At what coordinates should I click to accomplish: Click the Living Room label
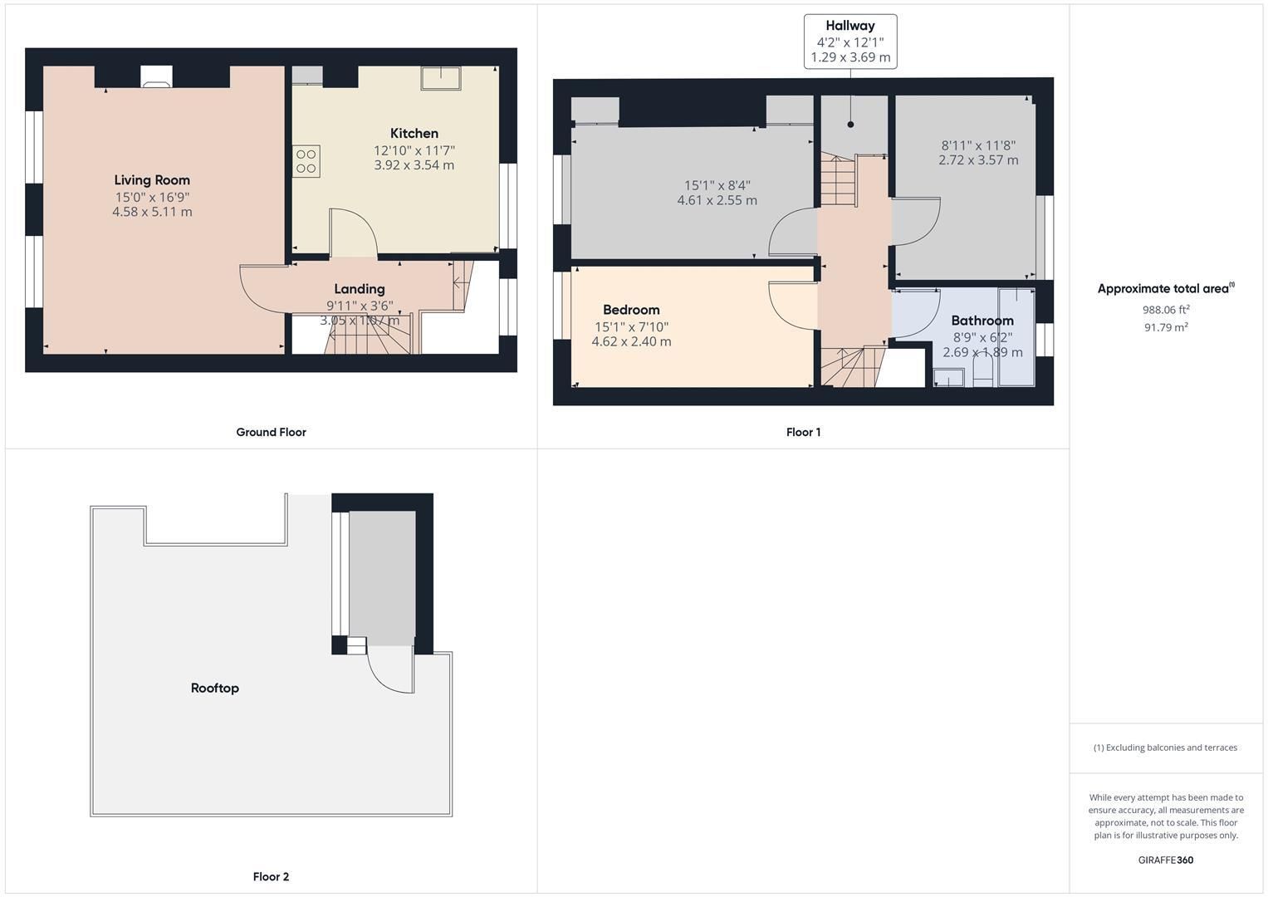click(152, 180)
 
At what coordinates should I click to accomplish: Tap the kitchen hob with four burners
click(306, 161)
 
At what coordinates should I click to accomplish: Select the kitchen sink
click(440, 78)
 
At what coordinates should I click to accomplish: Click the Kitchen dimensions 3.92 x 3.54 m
click(414, 165)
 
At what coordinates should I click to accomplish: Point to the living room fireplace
click(156, 76)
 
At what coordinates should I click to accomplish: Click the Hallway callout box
click(850, 42)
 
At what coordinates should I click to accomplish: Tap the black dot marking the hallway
click(850, 125)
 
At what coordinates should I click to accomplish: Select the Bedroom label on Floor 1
click(631, 310)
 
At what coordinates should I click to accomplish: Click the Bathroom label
click(982, 321)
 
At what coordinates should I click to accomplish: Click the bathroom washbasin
click(948, 377)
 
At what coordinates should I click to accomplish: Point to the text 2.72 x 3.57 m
click(978, 160)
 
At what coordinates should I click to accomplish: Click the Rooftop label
click(214, 688)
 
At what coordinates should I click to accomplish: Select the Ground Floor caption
click(271, 432)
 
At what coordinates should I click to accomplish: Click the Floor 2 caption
click(271, 876)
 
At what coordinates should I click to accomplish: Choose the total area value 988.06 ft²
click(1166, 309)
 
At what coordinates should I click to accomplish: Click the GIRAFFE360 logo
click(1166, 860)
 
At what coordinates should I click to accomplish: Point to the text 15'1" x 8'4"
click(717, 185)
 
